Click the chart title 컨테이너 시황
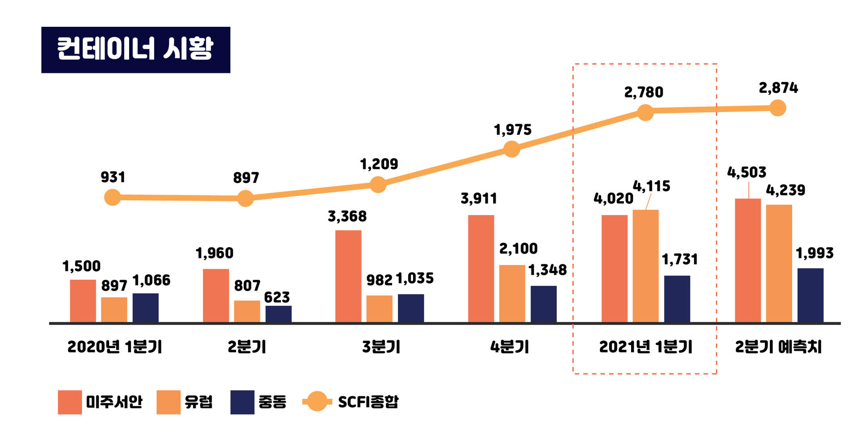(x=135, y=49)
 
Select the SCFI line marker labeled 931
(x=113, y=197)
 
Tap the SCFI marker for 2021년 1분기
(x=645, y=112)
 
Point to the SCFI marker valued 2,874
(x=778, y=108)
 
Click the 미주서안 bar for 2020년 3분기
(x=348, y=276)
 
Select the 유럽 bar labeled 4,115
(x=645, y=265)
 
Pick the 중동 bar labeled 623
(x=278, y=314)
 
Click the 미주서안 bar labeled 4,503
(x=748, y=260)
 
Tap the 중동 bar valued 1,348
(x=543, y=303)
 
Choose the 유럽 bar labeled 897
(x=114, y=309)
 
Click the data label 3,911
(x=479, y=198)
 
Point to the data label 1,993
(x=815, y=253)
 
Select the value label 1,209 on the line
(x=379, y=164)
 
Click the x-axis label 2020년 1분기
(x=115, y=347)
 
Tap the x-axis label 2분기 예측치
(x=778, y=347)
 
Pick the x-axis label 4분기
(x=510, y=347)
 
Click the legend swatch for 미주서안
(x=70, y=402)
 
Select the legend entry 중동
(x=272, y=402)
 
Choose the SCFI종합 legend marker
(x=317, y=401)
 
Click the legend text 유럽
(x=198, y=402)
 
